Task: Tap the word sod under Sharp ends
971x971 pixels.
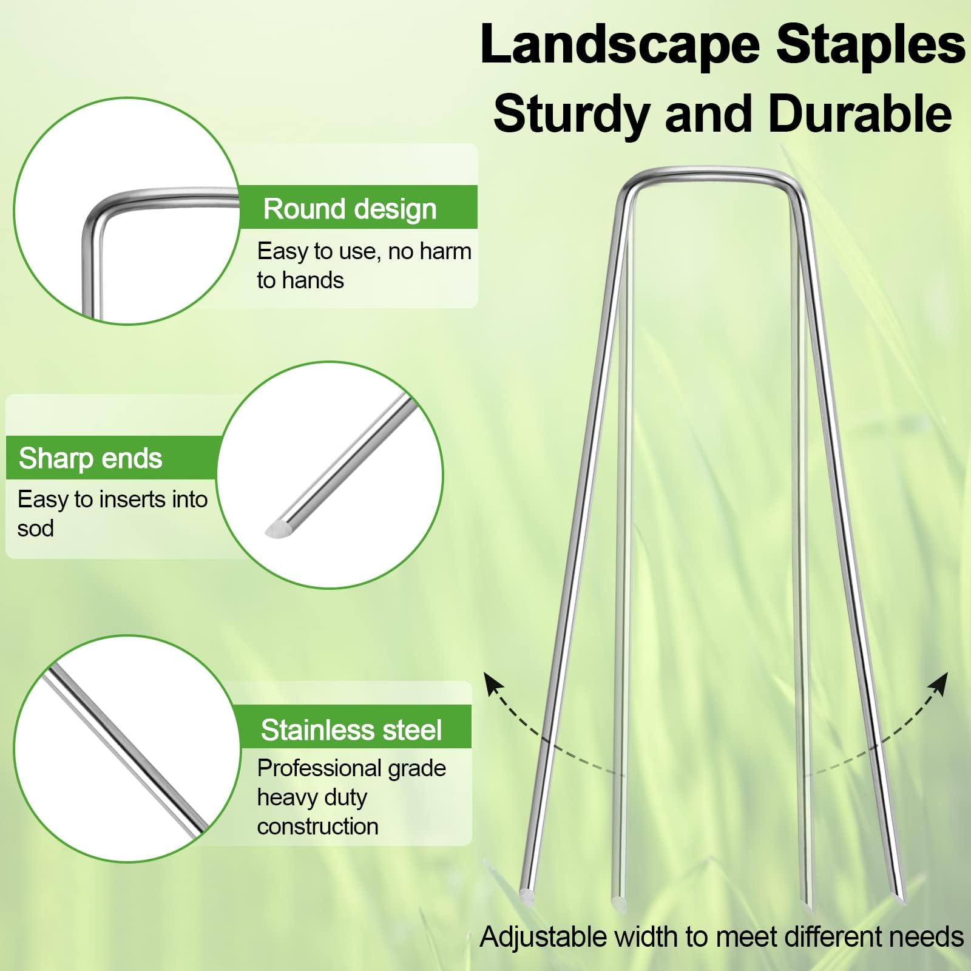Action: click(x=35, y=529)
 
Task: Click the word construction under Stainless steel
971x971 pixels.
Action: click(x=317, y=827)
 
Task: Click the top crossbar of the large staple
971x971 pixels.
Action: click(x=710, y=174)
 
